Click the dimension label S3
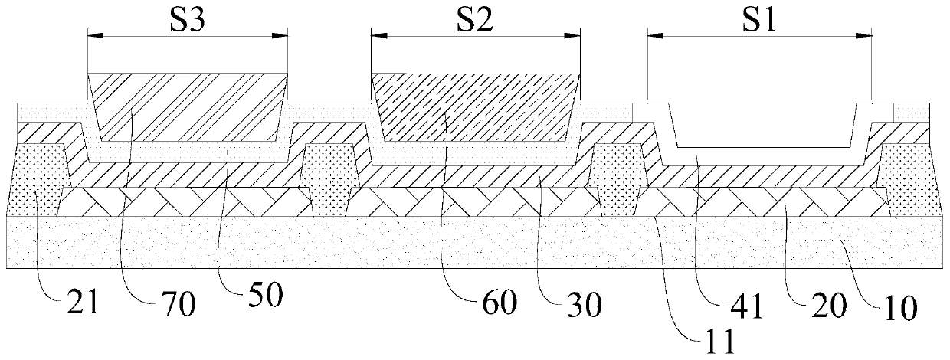(187, 18)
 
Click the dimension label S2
(473, 18)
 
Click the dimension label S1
(758, 18)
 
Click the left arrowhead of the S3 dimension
(91, 34)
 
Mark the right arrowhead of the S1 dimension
(868, 34)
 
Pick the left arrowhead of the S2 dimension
(375, 34)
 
